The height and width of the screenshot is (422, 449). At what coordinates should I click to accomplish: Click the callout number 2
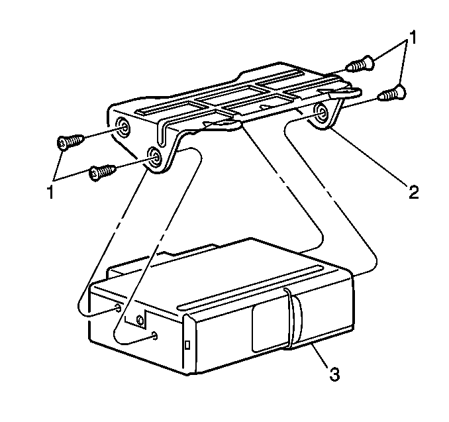pos(413,192)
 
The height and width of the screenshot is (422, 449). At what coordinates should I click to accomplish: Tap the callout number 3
pos(334,374)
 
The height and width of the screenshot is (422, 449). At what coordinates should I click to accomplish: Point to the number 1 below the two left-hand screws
pos(50,192)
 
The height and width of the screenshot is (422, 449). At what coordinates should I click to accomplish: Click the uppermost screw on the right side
pos(360,64)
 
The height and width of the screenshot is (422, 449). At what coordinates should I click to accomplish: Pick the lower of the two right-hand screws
pos(391,93)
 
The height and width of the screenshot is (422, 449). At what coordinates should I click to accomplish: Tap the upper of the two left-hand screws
pos(71,141)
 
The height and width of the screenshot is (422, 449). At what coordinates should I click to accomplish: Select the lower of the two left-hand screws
pos(103,172)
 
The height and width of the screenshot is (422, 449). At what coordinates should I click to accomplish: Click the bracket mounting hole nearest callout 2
pos(321,113)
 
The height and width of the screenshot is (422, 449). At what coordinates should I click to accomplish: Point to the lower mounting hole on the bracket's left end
pos(154,158)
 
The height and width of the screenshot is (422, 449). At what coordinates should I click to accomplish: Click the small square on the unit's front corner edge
pos(187,345)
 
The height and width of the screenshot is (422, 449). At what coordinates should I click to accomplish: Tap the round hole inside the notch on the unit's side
pos(140,320)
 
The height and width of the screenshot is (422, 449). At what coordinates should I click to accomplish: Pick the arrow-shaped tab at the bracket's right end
pos(343,92)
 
